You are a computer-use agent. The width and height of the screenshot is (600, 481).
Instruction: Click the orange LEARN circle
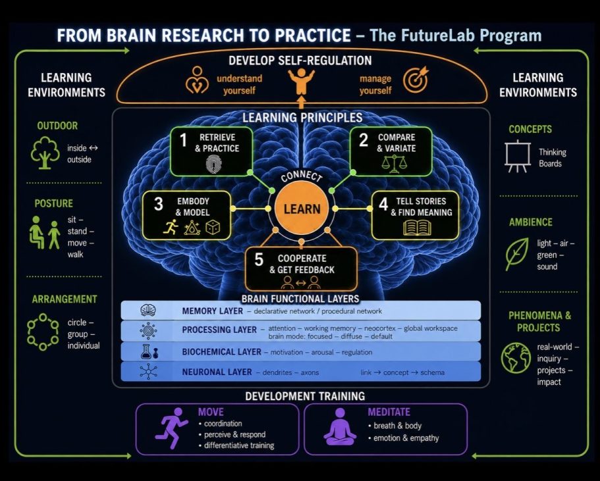302,209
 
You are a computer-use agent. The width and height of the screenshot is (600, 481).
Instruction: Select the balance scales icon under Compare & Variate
394,164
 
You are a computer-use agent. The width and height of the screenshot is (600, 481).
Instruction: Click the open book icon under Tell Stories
417,228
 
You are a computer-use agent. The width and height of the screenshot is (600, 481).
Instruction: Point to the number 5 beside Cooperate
259,260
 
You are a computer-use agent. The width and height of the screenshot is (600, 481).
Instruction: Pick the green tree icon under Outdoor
45,153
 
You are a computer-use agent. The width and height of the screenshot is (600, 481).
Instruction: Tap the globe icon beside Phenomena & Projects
516,358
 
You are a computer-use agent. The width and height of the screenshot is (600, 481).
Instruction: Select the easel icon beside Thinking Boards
518,157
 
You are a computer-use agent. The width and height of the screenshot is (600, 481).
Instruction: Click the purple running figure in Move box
171,428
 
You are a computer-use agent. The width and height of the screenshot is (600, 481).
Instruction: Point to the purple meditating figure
340,427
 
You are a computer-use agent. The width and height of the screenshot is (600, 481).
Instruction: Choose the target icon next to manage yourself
416,80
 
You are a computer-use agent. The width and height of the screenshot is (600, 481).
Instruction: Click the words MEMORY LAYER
212,311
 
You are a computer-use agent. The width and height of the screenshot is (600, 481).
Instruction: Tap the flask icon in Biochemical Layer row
146,351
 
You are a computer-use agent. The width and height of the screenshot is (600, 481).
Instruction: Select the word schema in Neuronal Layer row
433,372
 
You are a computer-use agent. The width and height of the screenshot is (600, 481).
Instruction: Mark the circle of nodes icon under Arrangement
43,332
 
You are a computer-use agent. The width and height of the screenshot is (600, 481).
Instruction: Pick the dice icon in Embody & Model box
213,228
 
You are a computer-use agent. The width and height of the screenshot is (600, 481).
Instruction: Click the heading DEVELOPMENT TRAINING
305,396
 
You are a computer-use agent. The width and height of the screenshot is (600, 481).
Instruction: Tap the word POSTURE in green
53,203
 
